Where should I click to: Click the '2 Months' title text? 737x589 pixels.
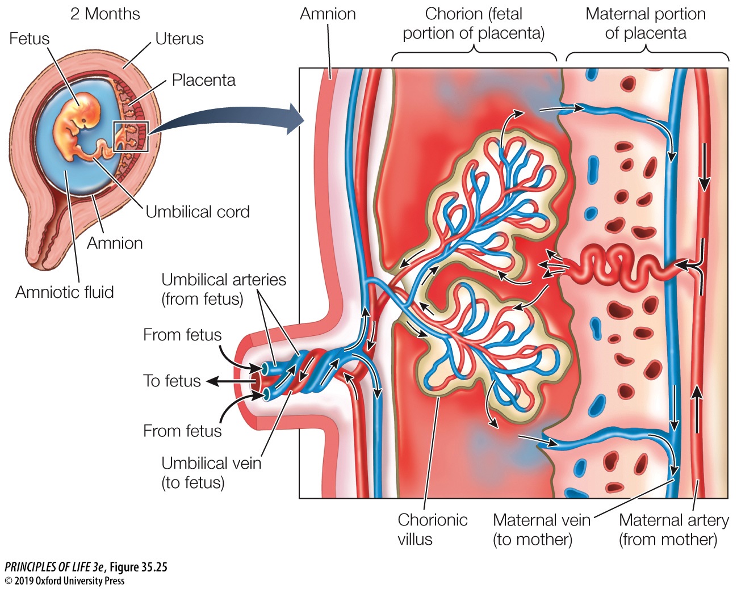pyautogui.click(x=105, y=14)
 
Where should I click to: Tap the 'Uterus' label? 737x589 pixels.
pyautogui.click(x=179, y=39)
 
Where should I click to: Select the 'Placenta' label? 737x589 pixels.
pyautogui.click(x=203, y=80)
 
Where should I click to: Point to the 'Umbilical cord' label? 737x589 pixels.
pyautogui.click(x=198, y=212)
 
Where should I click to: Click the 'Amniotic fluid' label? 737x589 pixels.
pyautogui.click(x=65, y=292)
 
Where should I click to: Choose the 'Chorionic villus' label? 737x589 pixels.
pyautogui.click(x=432, y=529)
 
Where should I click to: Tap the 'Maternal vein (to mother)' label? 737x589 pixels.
pyautogui.click(x=541, y=529)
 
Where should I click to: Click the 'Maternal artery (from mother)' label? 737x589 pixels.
pyautogui.click(x=673, y=529)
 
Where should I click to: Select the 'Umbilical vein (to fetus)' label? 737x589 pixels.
pyautogui.click(x=211, y=472)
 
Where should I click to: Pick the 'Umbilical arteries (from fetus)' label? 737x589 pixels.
pyautogui.click(x=224, y=289)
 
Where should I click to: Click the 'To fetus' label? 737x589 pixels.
pyautogui.click(x=172, y=381)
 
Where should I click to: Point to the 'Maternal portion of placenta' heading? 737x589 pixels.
pyautogui.click(x=646, y=23)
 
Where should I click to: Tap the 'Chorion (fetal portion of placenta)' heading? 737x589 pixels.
pyautogui.click(x=474, y=23)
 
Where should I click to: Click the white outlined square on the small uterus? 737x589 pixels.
pyautogui.click(x=131, y=136)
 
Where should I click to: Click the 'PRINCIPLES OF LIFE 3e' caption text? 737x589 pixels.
pyautogui.click(x=55, y=567)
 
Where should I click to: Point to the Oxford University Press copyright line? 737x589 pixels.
pyautogui.click(x=64, y=580)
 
